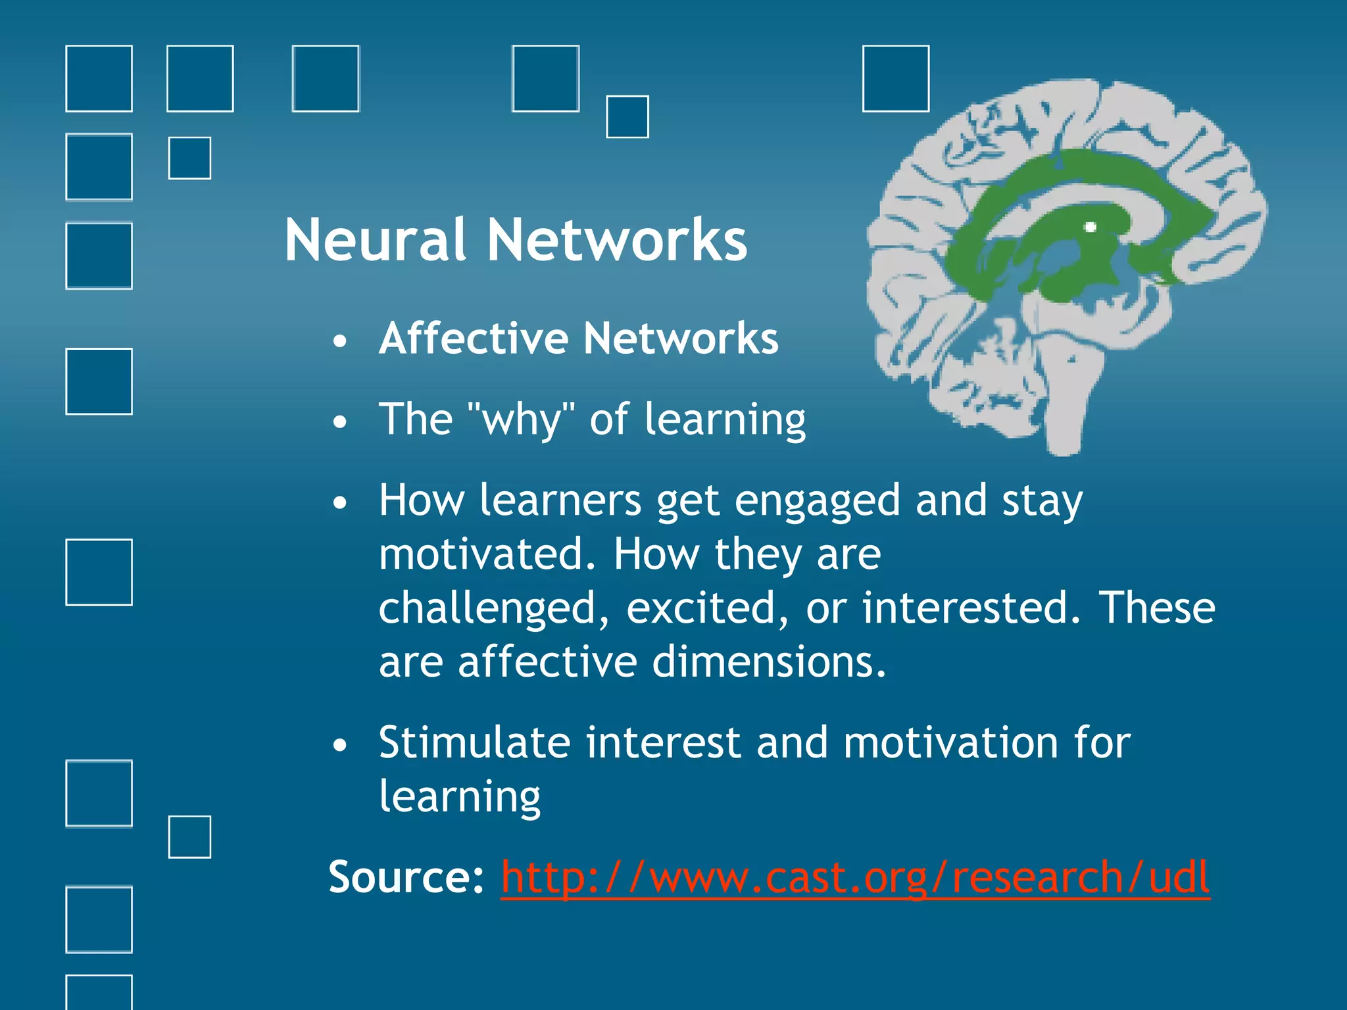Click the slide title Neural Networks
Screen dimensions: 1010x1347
click(x=516, y=241)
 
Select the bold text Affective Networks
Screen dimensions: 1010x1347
click(x=578, y=339)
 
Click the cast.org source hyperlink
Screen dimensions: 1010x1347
click(x=855, y=878)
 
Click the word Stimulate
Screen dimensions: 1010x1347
click(x=474, y=743)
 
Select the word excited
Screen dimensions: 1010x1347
click(x=707, y=608)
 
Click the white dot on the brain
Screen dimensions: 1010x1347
click(x=1090, y=228)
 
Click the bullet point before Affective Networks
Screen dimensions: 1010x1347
click(x=339, y=341)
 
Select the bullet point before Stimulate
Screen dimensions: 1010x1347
click(x=339, y=745)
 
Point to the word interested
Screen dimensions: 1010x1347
click(x=971, y=608)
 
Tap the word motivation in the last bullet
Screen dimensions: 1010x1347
click(x=950, y=743)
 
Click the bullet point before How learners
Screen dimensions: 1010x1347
click(x=339, y=503)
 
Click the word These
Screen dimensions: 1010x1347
click(x=1157, y=608)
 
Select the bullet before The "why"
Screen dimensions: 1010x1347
click(x=339, y=421)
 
